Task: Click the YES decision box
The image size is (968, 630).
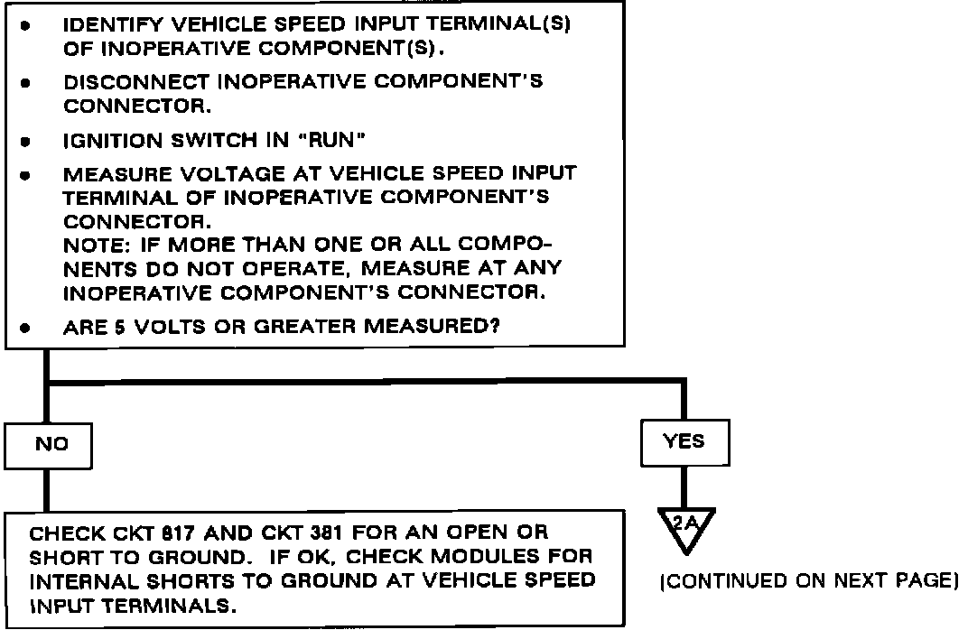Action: [x=683, y=442]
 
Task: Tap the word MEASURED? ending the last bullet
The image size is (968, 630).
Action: [x=444, y=329]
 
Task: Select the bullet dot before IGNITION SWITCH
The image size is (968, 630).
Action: [x=27, y=143]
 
